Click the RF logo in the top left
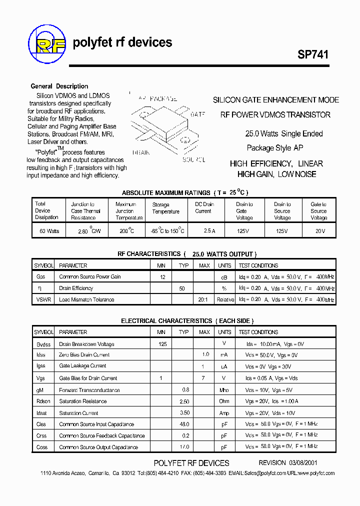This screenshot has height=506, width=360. click(x=47, y=42)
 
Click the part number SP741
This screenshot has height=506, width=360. click(x=313, y=55)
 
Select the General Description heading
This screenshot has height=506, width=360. click(x=59, y=86)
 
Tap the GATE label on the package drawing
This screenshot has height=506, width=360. click(x=197, y=114)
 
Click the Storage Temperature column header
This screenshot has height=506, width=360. click(x=165, y=208)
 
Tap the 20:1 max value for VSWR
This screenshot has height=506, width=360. click(x=204, y=299)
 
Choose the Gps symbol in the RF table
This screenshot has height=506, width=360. click(x=41, y=276)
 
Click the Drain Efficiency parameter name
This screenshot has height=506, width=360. click(x=76, y=288)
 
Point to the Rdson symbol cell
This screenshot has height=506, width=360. click(x=43, y=401)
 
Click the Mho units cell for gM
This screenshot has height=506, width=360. click(x=224, y=390)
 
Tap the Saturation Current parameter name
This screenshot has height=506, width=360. click(x=78, y=413)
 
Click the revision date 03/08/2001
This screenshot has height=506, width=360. click(x=302, y=463)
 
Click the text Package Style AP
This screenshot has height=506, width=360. click(x=275, y=147)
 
